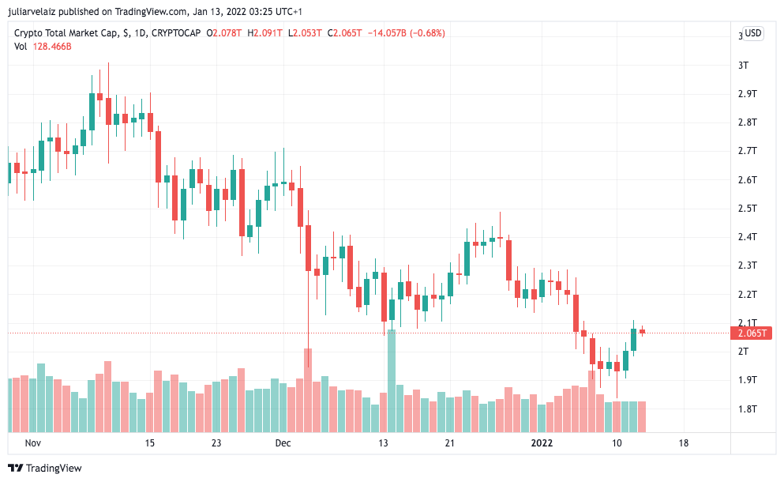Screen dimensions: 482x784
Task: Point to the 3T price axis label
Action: [743, 65]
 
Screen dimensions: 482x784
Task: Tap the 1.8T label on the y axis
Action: [747, 409]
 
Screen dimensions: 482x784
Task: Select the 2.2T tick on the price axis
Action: [747, 295]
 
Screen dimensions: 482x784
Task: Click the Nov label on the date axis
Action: [32, 443]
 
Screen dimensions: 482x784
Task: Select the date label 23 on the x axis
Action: [216, 443]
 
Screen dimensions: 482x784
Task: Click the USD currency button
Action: [753, 33]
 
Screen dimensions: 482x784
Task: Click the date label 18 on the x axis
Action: [683, 443]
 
